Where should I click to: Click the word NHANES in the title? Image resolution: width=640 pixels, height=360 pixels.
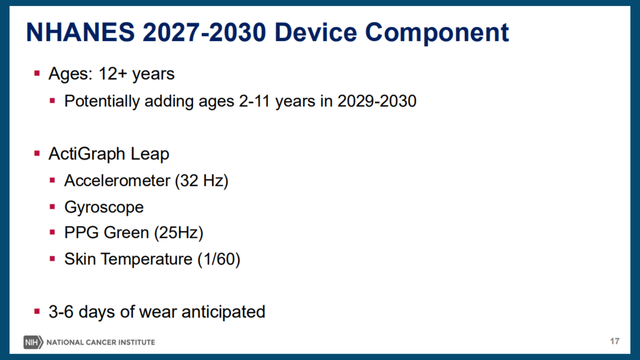[x=81, y=32]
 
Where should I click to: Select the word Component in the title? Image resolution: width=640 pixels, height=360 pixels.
[x=437, y=32]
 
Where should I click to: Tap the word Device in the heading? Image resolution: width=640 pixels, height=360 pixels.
[x=315, y=32]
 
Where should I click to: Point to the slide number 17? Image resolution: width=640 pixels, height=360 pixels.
[x=614, y=341]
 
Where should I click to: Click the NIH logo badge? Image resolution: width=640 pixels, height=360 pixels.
[x=33, y=342]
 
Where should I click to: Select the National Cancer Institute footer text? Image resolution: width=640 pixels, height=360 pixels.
[x=101, y=343]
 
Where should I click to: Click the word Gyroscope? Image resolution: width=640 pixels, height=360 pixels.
[x=104, y=207]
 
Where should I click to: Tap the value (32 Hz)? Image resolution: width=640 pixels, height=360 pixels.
[x=202, y=181]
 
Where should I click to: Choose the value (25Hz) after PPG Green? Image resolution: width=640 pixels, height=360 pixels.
[x=178, y=233]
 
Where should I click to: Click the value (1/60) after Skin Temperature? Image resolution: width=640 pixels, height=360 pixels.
[x=219, y=259]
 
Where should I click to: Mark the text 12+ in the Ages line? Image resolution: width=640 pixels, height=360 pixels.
[x=113, y=74]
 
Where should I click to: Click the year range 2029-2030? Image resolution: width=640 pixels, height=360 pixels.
[x=377, y=101]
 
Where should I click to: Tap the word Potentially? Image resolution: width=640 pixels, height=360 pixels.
[x=102, y=101]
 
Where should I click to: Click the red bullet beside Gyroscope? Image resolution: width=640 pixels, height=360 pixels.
[x=52, y=206]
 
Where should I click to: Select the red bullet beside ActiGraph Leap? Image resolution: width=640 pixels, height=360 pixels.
[x=37, y=153]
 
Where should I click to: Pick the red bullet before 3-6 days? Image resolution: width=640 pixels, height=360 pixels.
[x=37, y=311]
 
